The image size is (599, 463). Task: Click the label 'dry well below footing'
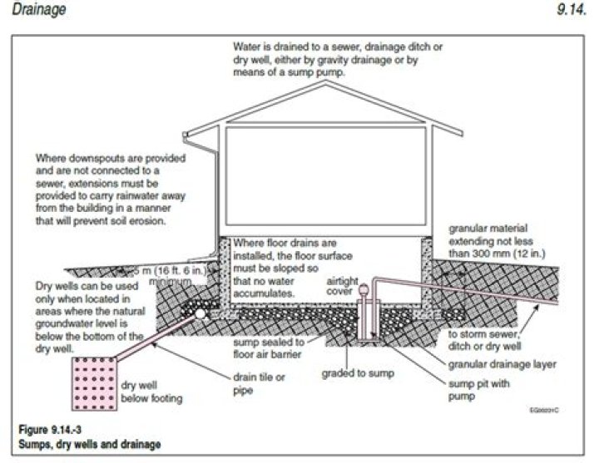[146, 392]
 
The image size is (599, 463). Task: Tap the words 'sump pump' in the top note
[338, 72]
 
